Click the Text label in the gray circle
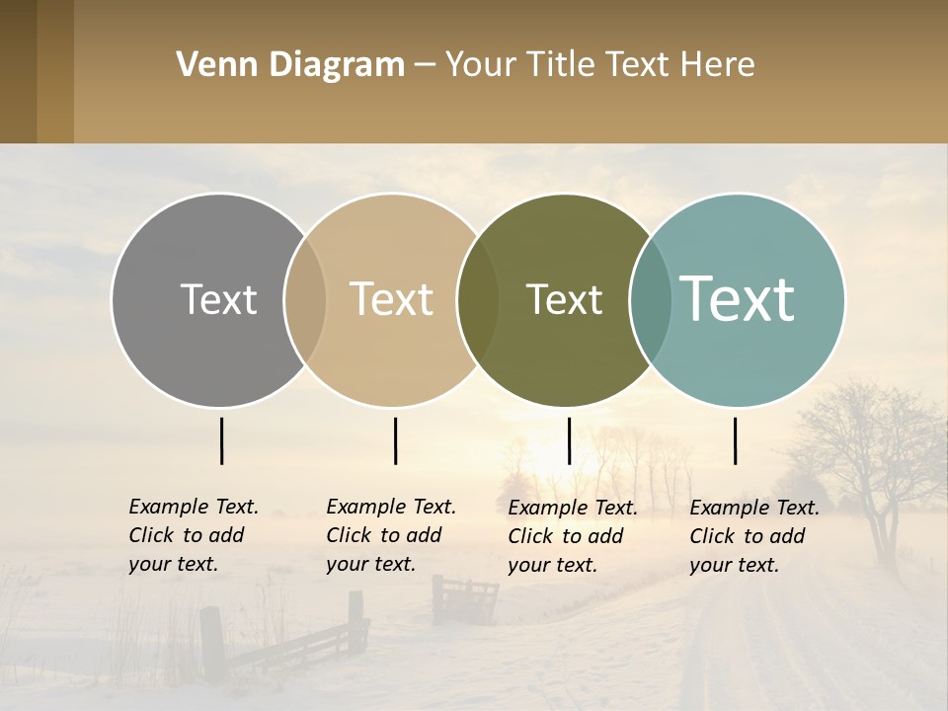[x=218, y=299]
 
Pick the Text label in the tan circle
[x=391, y=299]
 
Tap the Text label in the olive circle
[x=564, y=299]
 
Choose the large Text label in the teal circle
[x=738, y=299]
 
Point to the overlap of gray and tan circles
[x=305, y=299]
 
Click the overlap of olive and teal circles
[x=651, y=299]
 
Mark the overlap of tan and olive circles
[x=478, y=299]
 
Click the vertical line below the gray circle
[x=221, y=440]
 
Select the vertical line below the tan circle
[x=395, y=440]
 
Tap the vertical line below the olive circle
[x=569, y=440]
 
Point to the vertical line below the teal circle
[x=735, y=440]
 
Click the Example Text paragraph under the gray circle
[x=193, y=535]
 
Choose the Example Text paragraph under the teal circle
[x=753, y=536]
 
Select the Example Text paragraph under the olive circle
[x=572, y=536]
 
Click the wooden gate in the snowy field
[x=465, y=598]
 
